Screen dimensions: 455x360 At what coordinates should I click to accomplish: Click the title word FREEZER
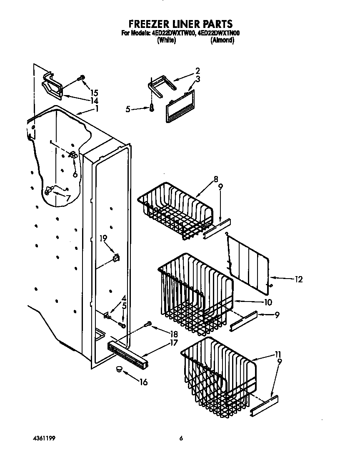[x=148, y=24]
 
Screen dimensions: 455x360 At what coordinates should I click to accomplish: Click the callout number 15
[x=94, y=93]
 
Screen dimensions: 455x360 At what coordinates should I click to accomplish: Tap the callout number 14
[x=94, y=101]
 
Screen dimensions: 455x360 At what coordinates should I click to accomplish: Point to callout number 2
[x=197, y=71]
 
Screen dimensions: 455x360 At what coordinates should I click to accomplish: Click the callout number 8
[x=216, y=180]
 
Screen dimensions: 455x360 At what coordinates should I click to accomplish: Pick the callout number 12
[x=298, y=279]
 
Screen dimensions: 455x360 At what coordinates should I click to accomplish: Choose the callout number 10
[x=267, y=302]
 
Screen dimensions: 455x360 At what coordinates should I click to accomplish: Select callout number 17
[x=174, y=343]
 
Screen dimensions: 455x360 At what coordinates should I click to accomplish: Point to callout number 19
[x=103, y=238]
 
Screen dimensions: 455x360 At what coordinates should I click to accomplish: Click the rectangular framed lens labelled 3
[x=180, y=106]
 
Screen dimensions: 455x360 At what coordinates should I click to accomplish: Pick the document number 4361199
[x=44, y=438]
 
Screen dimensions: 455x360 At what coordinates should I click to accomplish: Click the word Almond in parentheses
[x=222, y=40]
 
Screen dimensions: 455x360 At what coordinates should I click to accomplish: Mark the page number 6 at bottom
[x=181, y=438]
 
